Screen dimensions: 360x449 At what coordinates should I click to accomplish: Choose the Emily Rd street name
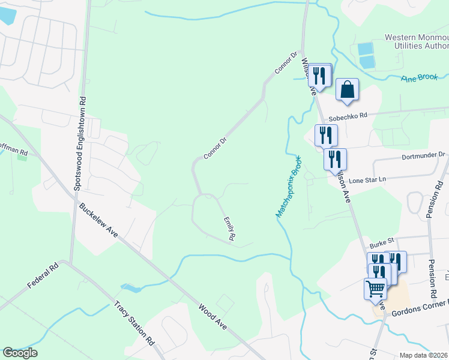(x=229, y=229)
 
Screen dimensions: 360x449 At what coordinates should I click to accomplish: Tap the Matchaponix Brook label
(x=288, y=186)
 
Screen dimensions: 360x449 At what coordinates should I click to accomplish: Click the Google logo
(x=20, y=353)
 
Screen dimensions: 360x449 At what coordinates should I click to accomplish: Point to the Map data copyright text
(x=424, y=355)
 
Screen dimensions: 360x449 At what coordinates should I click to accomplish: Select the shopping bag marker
(x=347, y=90)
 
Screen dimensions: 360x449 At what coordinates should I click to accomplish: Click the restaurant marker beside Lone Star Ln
(x=335, y=159)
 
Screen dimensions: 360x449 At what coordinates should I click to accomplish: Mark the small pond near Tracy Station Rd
(x=131, y=288)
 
